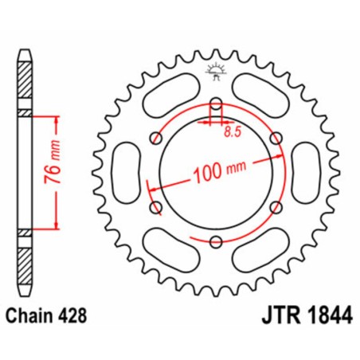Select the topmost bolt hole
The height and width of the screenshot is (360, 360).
pyautogui.click(x=215, y=103)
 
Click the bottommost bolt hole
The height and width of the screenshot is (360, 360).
pyautogui.click(x=215, y=241)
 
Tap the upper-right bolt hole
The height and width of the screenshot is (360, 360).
pyautogui.click(x=275, y=137)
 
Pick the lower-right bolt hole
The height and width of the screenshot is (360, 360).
pyautogui.click(x=275, y=206)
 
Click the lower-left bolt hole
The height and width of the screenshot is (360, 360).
pyautogui.click(x=155, y=206)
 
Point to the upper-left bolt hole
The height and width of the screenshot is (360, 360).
pyautogui.click(x=155, y=137)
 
